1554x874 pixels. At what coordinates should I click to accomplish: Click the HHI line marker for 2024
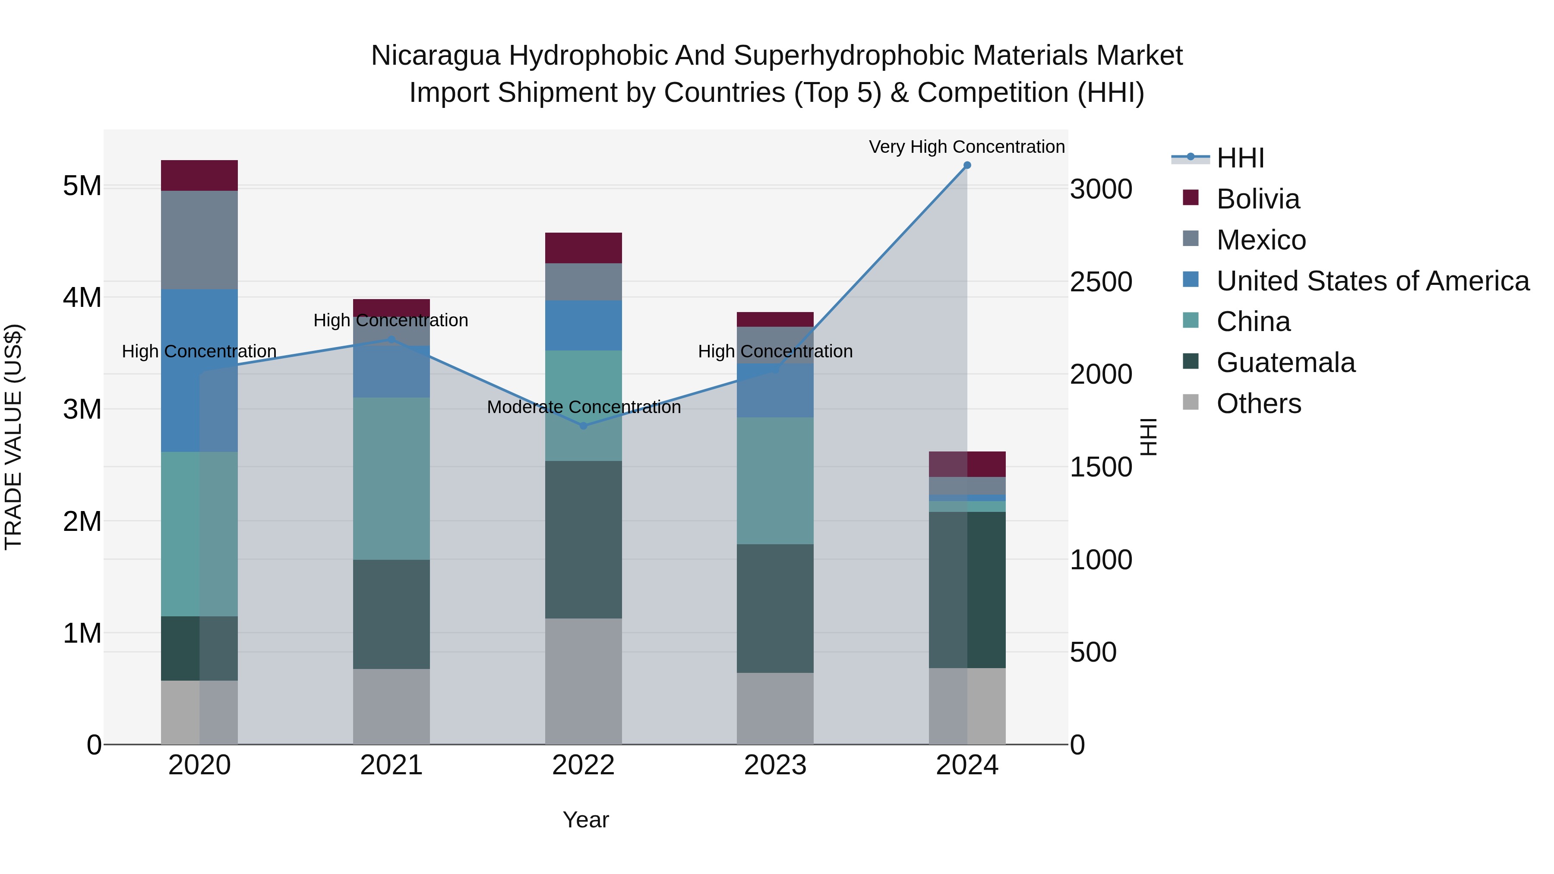click(x=967, y=165)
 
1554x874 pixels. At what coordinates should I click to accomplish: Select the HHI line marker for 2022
click(x=583, y=426)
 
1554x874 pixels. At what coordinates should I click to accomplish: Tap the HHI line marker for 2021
click(x=392, y=340)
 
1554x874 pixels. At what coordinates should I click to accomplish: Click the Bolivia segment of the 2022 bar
click(x=583, y=248)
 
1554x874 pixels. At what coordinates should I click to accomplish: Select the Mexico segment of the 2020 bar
click(x=200, y=240)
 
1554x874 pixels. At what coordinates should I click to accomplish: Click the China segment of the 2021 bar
click(x=392, y=478)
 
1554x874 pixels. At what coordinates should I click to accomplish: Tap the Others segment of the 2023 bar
click(x=775, y=708)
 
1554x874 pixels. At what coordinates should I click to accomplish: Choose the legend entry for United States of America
click(x=1372, y=281)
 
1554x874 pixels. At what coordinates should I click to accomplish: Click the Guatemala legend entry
click(x=1286, y=363)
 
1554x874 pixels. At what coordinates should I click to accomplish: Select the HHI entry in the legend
click(x=1240, y=158)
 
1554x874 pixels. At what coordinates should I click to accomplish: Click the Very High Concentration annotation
click(x=967, y=147)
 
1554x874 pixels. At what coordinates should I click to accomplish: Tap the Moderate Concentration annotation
click(x=583, y=407)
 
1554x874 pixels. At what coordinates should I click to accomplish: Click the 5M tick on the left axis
click(x=82, y=186)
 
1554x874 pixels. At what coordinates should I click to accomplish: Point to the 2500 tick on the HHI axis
click(x=1101, y=282)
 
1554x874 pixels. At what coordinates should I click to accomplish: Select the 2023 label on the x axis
click(x=775, y=765)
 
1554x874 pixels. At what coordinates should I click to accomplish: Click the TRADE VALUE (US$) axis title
click(x=13, y=437)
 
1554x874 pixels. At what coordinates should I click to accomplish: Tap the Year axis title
click(x=586, y=820)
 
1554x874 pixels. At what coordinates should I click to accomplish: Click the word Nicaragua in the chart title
click(x=435, y=56)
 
